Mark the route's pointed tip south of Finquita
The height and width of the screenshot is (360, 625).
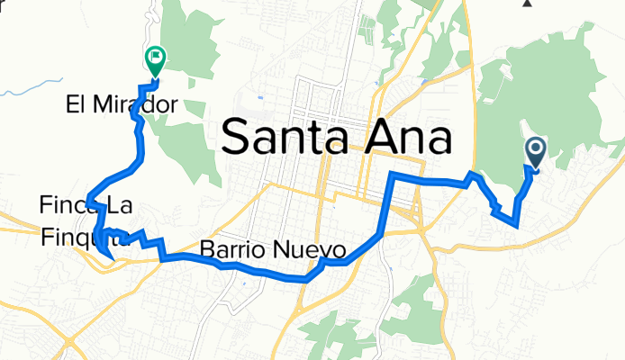point(109,260)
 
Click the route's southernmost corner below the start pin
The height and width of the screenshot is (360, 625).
point(516,225)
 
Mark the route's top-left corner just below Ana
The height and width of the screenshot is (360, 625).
point(391,173)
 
